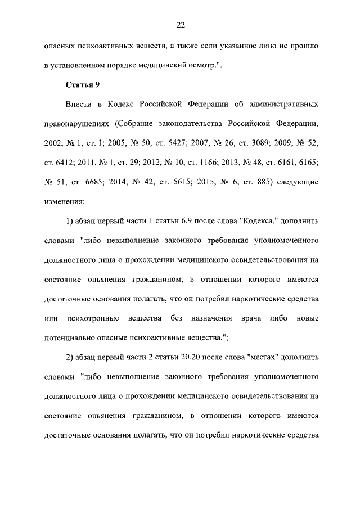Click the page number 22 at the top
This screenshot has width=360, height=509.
coord(181,25)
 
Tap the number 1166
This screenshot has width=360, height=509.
coord(210,162)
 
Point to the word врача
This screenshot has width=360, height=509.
coord(252,318)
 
